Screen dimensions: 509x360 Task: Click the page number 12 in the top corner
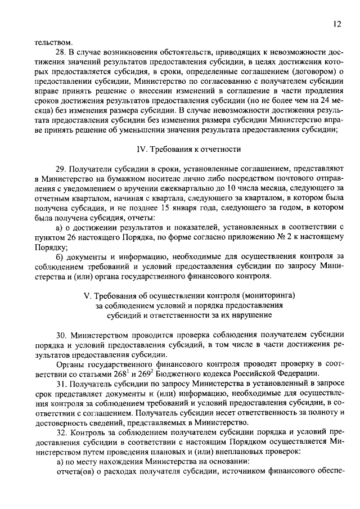336,24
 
